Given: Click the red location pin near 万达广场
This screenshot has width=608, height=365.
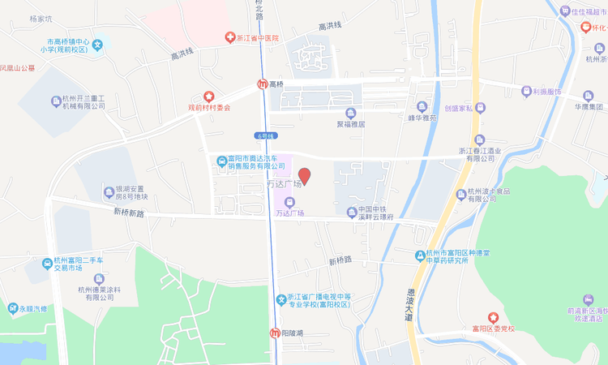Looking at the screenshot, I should coord(305,175).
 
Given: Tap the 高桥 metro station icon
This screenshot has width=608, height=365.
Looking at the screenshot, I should coord(263,84).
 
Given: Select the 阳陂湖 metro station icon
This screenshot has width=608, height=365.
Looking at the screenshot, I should coord(275,333).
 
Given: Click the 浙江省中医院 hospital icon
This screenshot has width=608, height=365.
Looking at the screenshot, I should coord(229,38).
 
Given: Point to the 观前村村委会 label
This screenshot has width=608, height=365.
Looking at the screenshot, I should coord(209,107).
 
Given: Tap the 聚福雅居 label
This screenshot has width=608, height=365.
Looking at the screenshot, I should coord(350,124).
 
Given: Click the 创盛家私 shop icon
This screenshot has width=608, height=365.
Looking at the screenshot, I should coord(481,107).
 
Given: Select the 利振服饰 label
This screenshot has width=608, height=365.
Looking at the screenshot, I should coord(546,92).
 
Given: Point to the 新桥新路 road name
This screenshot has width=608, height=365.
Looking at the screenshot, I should coord(128,213).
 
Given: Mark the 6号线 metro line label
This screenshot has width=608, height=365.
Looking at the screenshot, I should coord(265,135).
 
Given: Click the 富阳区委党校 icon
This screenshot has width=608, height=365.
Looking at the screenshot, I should coord(492,317).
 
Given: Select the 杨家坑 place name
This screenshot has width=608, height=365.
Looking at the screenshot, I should coord(40,19).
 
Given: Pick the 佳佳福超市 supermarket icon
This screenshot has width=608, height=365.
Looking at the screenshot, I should coord(566,11).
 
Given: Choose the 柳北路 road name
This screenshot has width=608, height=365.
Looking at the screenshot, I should coord(259,10).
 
